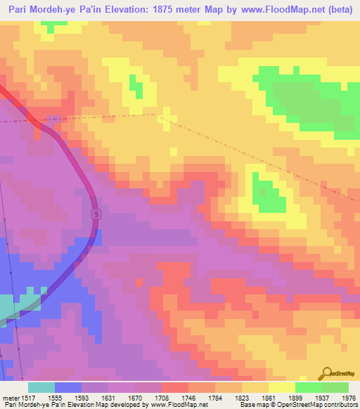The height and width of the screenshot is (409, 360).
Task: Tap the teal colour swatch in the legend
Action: coord(41,387)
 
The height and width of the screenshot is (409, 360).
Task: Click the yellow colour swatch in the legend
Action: coord(281,387)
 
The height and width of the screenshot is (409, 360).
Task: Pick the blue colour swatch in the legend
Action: coord(68,387)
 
